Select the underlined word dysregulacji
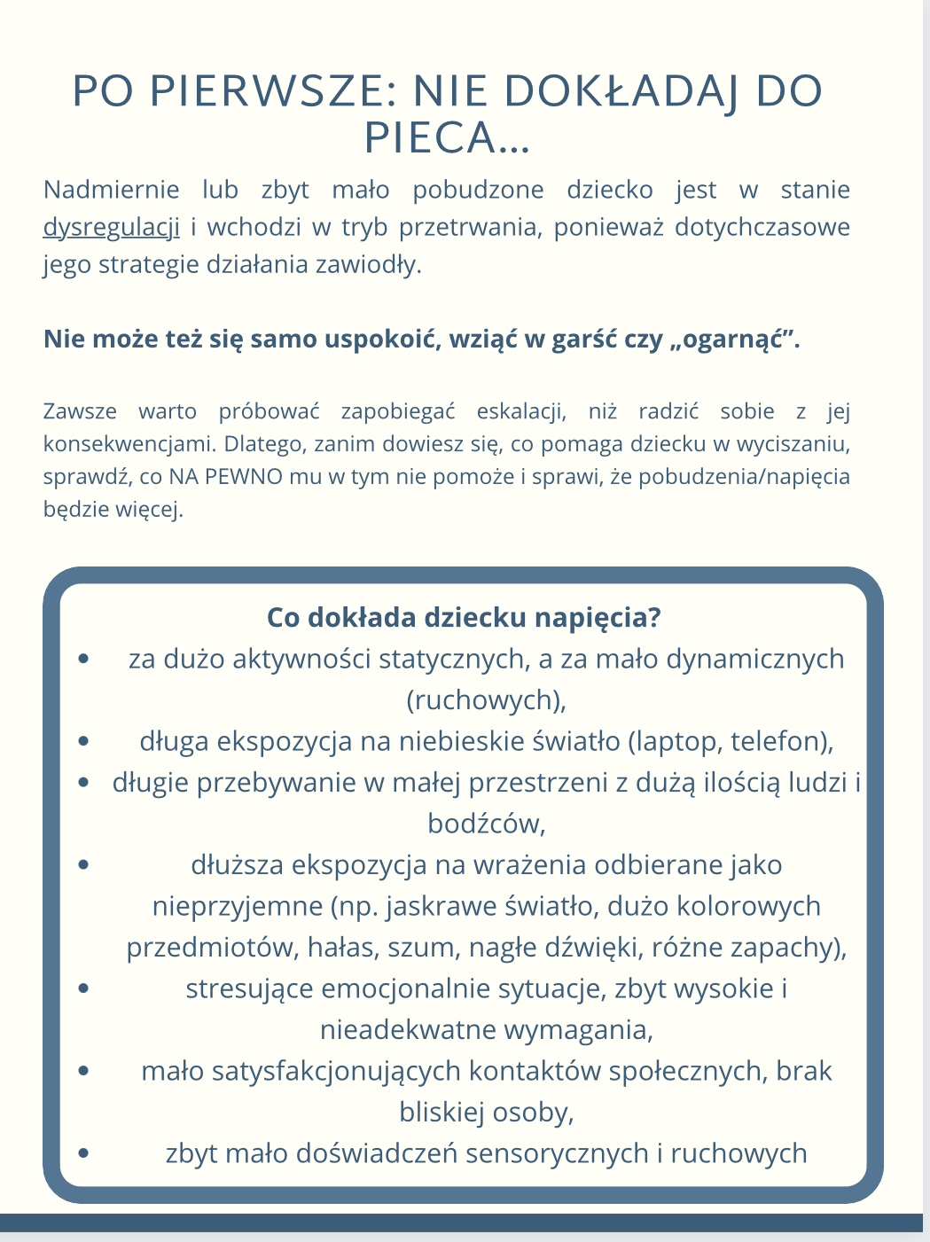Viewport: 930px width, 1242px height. tap(112, 228)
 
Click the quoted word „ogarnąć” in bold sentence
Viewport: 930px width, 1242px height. tap(732, 340)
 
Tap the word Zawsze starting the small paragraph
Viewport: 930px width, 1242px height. tap(80, 411)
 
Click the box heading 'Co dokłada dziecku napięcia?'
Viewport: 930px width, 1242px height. tap(464, 618)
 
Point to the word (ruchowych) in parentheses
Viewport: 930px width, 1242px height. tap(486, 700)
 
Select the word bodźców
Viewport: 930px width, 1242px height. tap(486, 824)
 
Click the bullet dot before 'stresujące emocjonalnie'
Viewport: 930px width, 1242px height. tap(84, 988)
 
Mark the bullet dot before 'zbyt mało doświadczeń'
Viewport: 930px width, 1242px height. tap(84, 1152)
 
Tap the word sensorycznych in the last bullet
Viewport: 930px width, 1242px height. tap(557, 1153)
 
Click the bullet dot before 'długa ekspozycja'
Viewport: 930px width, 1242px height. tap(84, 740)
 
